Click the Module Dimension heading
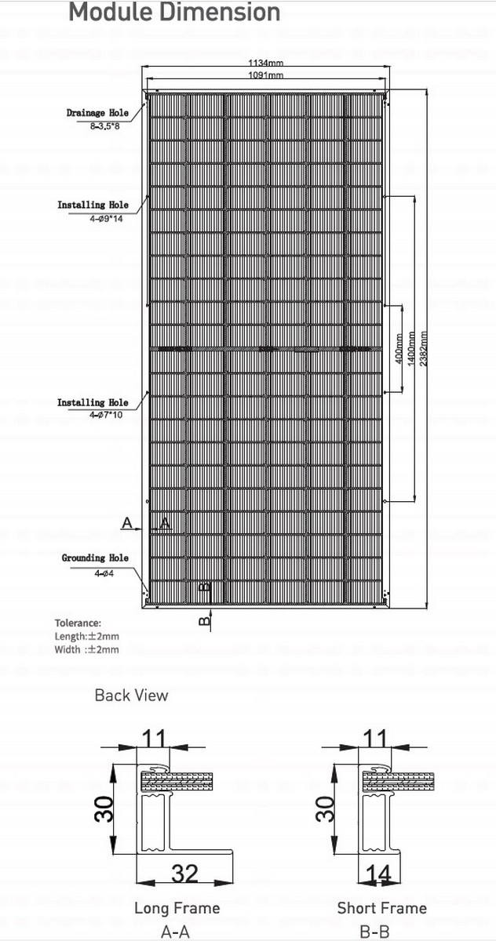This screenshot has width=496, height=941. pos(174,13)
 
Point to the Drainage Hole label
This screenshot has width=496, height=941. pos(97,113)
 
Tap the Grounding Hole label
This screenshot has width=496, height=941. pos(95,558)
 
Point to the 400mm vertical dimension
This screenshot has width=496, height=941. pos(399,348)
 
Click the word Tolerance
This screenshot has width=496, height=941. pos(78,623)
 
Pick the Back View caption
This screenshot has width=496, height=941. pos(131,695)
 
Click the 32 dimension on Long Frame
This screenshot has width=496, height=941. pos(184,872)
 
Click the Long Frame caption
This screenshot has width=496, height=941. pos(177,908)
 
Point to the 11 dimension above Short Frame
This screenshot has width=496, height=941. pos(377,738)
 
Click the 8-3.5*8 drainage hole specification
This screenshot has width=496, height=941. pos(104,125)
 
